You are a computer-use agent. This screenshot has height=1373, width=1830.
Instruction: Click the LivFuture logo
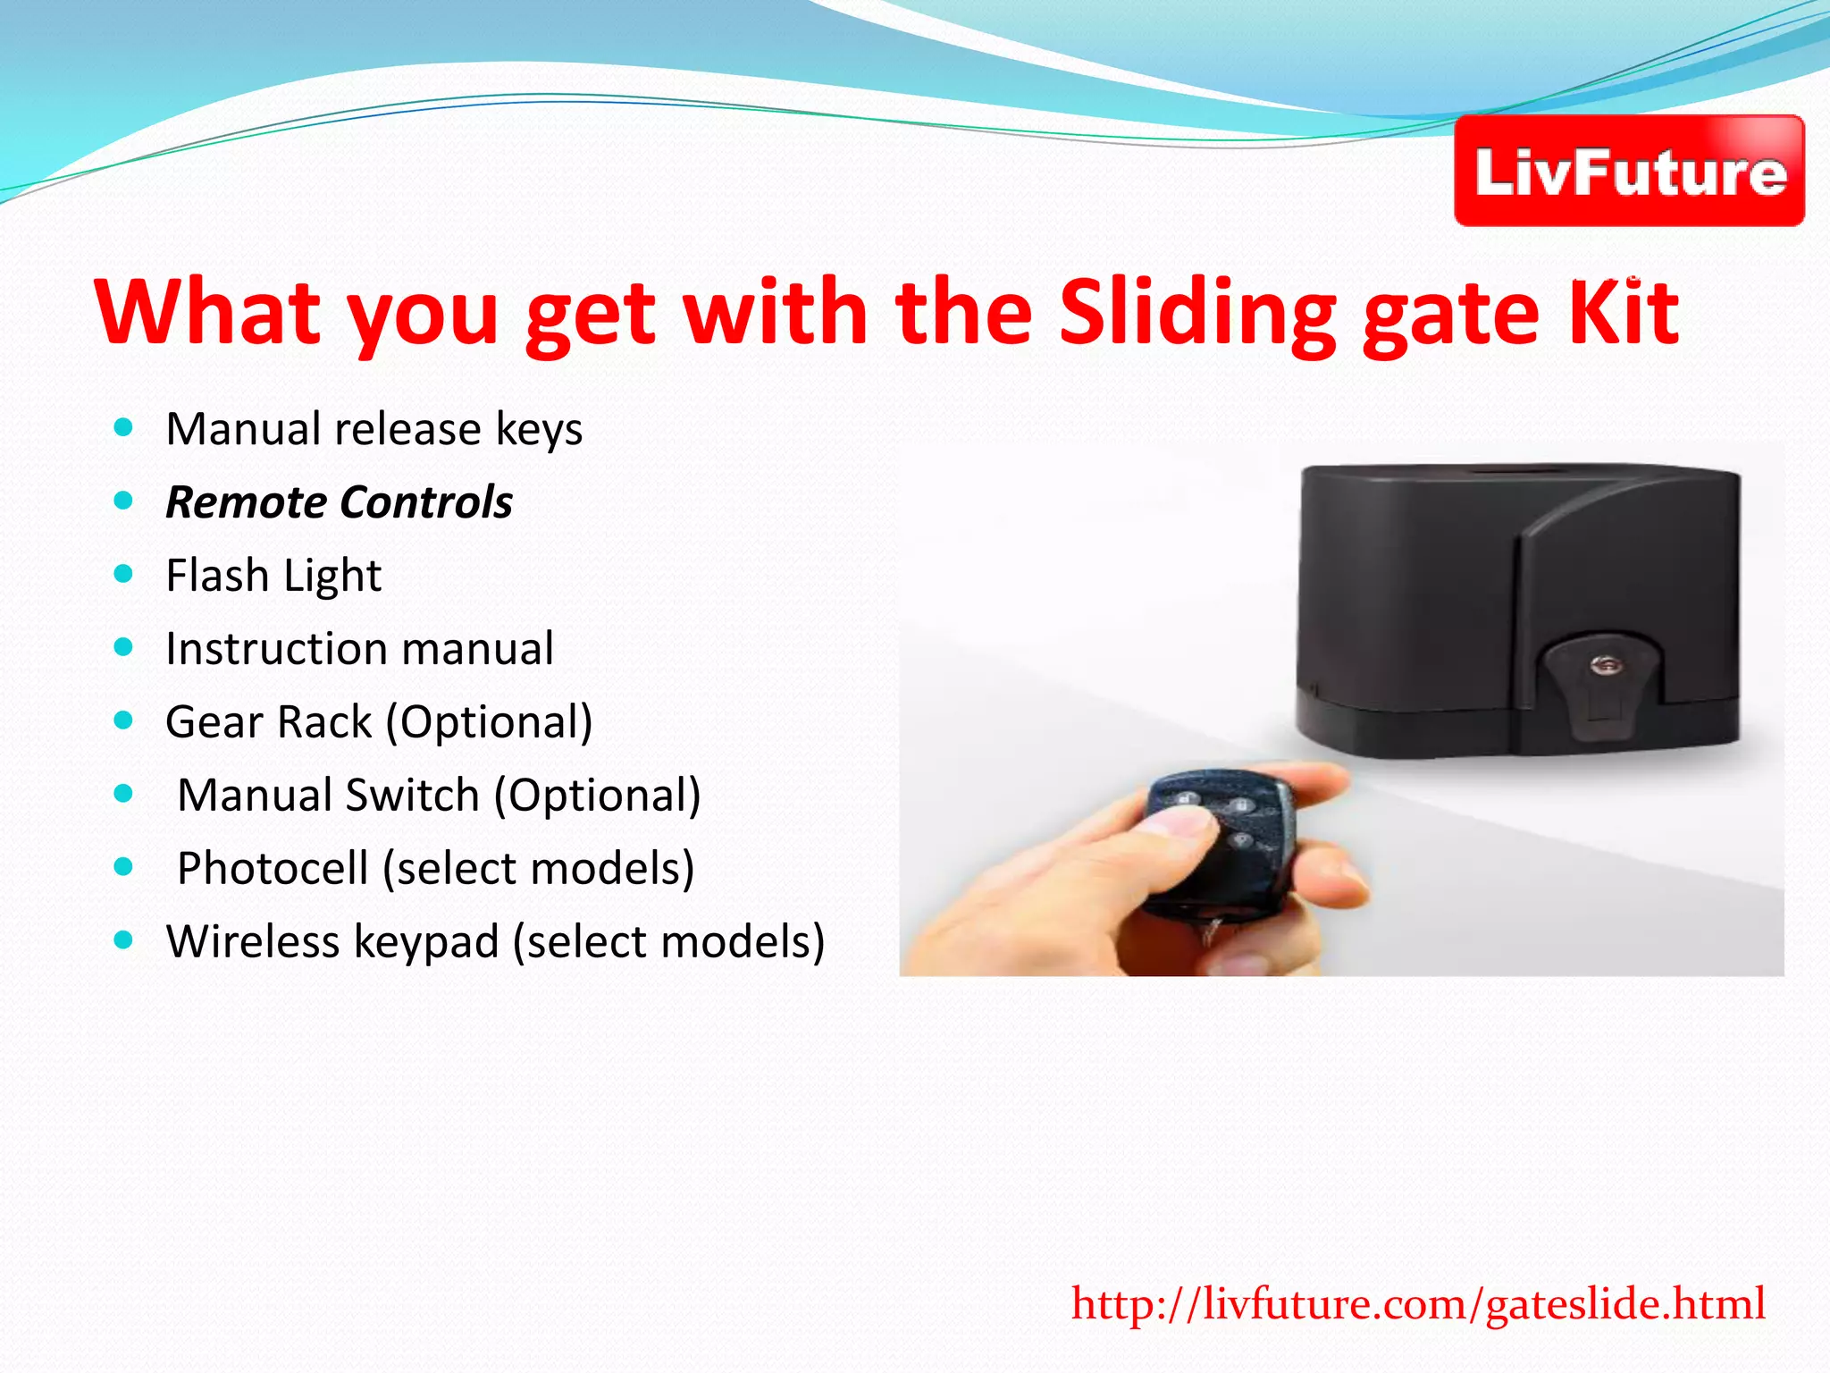coord(1629,171)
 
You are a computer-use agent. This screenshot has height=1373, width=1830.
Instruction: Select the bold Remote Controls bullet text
coord(340,502)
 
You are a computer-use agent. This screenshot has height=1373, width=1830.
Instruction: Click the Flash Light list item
coord(273,576)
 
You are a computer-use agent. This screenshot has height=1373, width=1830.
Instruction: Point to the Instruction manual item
coord(359,649)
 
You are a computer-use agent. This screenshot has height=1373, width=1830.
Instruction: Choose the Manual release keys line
coord(374,429)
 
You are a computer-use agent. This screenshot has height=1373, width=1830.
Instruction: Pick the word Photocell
coord(273,869)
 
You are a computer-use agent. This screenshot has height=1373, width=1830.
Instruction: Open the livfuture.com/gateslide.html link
coord(1418,1304)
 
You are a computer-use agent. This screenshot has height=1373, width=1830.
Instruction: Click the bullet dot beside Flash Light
coord(124,574)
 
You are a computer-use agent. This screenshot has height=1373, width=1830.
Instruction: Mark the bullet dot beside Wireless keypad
coord(124,940)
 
